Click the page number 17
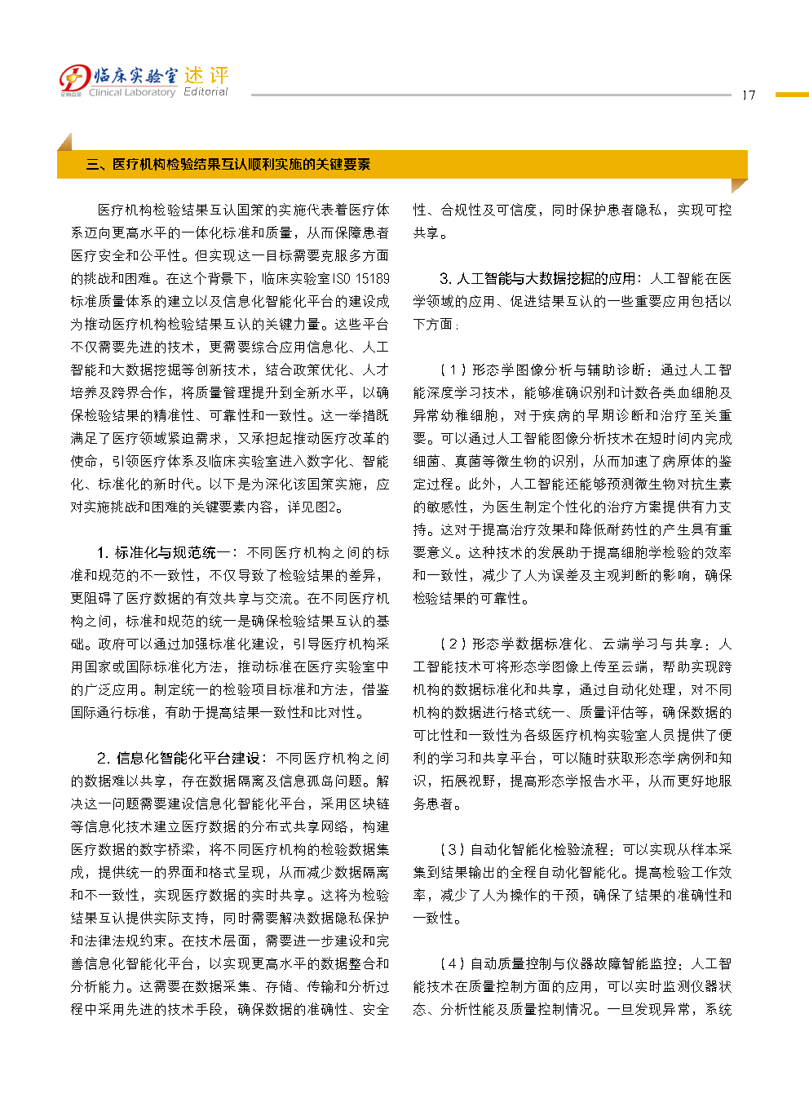pos(748,95)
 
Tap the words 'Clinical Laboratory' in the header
pos(132,93)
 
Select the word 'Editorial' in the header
pos(206,92)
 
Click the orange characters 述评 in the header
pos(206,75)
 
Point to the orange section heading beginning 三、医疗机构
pos(228,165)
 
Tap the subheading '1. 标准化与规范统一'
pos(167,553)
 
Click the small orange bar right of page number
pos(791,95)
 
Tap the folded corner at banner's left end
pos(64,142)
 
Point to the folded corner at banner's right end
pos(739,186)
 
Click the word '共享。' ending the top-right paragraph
pos(431,233)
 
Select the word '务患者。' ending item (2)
pos(437,804)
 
